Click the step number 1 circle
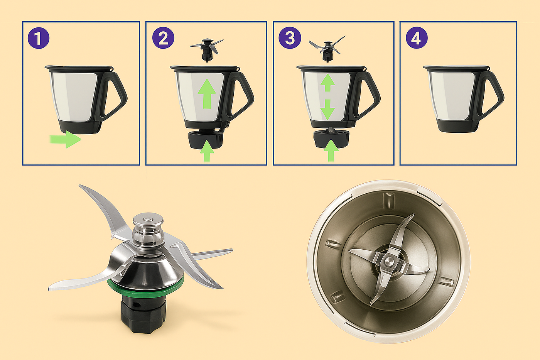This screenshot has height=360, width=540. tap(39, 38)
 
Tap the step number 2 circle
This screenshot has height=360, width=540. tap(163, 38)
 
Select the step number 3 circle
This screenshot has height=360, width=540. tap(290, 38)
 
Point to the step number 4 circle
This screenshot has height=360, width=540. tap(417, 38)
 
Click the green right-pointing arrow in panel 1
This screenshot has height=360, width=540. tap(65, 139)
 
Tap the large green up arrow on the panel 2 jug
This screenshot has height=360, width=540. tap(207, 94)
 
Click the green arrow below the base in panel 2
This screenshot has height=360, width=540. tap(207, 151)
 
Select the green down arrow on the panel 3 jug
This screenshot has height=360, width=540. tap(327, 109)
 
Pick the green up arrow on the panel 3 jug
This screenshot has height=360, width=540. tap(327, 83)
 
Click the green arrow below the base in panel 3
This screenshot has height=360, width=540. tap(331, 151)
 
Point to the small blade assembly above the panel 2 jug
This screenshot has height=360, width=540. tap(207, 49)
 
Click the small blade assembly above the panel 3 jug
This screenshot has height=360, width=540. tap(327, 49)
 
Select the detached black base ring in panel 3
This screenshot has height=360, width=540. tap(331, 139)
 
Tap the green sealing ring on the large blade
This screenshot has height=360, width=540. tap(145, 287)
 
